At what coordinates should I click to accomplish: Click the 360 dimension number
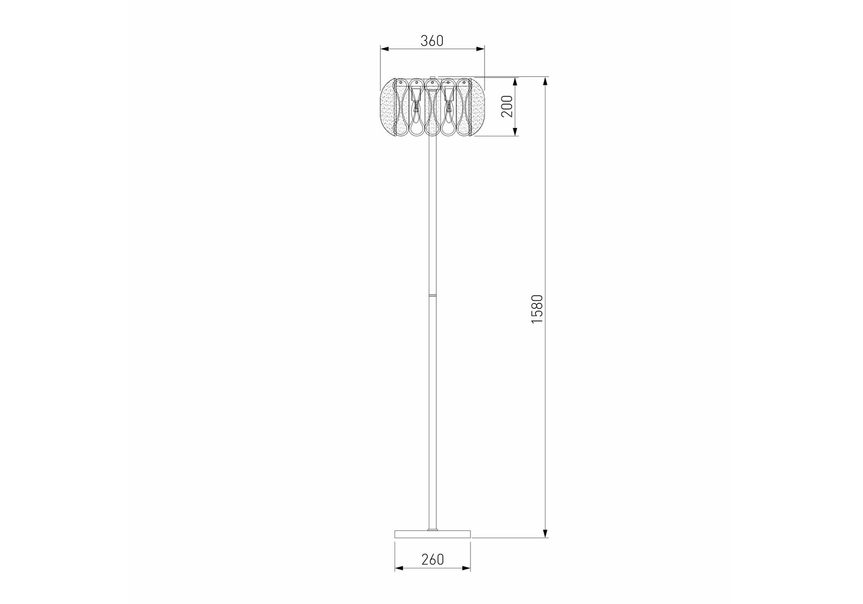[x=432, y=41]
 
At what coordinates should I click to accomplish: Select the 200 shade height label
[x=507, y=106]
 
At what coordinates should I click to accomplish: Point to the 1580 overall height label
[x=537, y=309]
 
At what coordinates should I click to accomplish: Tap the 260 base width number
[x=432, y=559]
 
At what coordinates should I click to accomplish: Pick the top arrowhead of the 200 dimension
[x=515, y=82]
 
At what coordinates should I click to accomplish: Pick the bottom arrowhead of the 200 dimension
[x=515, y=131]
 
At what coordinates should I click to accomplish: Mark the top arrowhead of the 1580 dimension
[x=545, y=82]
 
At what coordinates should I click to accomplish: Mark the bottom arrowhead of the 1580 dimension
[x=545, y=533]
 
